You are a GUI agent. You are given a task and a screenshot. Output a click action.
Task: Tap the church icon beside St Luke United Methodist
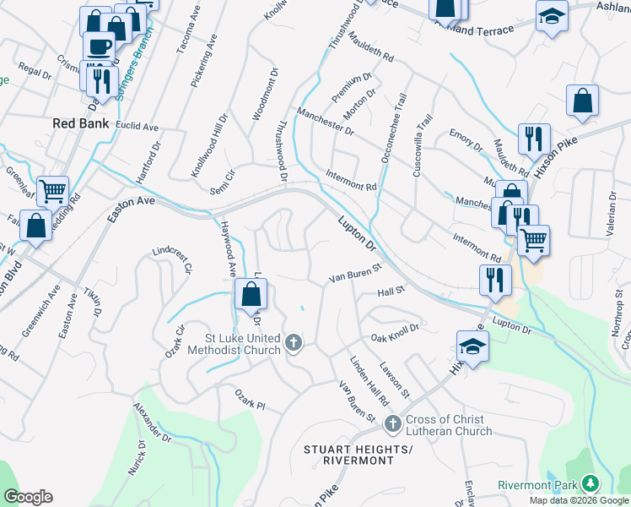pyautogui.click(x=294, y=343)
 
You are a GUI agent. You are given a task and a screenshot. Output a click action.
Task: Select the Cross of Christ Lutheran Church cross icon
pyautogui.click(x=391, y=423)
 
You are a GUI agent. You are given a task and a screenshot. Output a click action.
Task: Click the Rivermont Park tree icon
pyautogui.click(x=591, y=483)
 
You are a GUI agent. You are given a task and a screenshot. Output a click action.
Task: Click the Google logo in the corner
pyautogui.click(x=28, y=496)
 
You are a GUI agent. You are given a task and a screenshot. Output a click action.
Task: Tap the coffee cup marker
pyautogui.click(x=98, y=47)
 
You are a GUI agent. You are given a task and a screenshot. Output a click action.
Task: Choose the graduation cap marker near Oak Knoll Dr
pyautogui.click(x=472, y=346)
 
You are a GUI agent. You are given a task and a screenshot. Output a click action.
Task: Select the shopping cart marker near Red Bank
pyautogui.click(x=52, y=192)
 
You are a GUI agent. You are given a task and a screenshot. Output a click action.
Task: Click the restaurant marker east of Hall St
pyautogui.click(x=494, y=279)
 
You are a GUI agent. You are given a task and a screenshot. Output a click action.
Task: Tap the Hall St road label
pyautogui.click(x=392, y=290)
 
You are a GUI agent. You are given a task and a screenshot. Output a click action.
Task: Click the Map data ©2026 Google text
pyautogui.click(x=580, y=500)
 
